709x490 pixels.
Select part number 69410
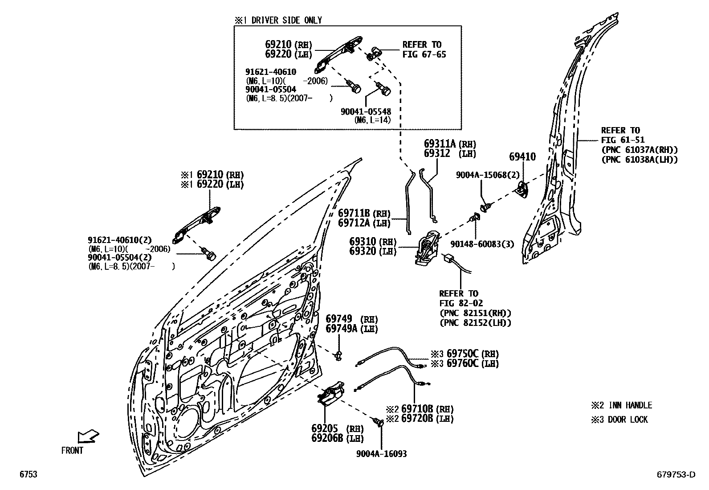point(522,157)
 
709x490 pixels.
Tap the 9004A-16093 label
point(381,454)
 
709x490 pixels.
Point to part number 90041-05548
point(366,112)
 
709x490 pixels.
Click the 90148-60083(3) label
point(482,244)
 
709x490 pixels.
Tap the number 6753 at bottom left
point(28,474)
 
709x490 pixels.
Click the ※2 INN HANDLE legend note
point(621,405)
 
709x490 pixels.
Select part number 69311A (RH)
point(449,144)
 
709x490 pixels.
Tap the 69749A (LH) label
point(351,329)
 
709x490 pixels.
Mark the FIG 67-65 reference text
point(424,54)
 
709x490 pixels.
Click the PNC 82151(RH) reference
point(475,313)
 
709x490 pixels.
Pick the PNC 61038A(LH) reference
point(639,160)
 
